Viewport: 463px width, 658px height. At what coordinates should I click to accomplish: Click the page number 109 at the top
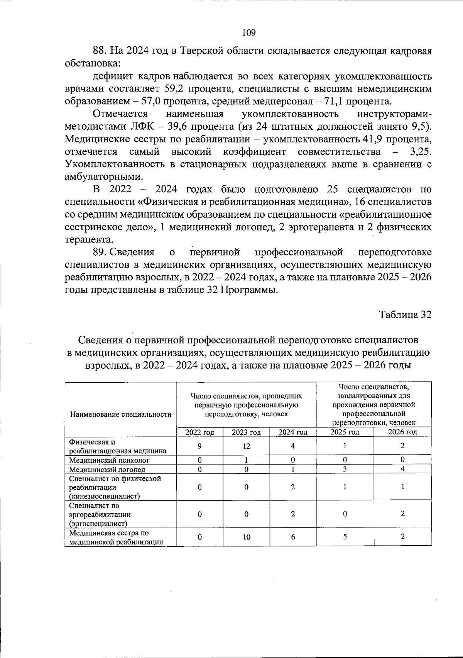click(x=249, y=33)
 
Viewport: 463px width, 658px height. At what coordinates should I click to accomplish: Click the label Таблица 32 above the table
click(x=405, y=315)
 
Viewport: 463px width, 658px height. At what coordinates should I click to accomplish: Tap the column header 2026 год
click(x=402, y=432)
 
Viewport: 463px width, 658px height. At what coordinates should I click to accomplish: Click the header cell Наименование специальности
click(x=120, y=414)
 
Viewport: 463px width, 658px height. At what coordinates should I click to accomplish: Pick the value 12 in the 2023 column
click(x=246, y=446)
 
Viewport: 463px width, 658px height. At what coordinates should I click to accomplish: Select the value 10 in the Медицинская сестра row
click(x=246, y=537)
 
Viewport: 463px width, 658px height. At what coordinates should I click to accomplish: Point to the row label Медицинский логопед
click(x=107, y=470)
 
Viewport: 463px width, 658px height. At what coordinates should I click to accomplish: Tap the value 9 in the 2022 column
click(x=199, y=446)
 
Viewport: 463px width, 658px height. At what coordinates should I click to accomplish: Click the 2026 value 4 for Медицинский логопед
click(x=402, y=469)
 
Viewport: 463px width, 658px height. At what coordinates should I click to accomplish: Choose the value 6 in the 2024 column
click(x=293, y=537)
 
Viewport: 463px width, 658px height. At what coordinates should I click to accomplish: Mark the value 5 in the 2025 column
click(x=345, y=537)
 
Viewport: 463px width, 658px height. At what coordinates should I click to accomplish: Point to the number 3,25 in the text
click(x=421, y=152)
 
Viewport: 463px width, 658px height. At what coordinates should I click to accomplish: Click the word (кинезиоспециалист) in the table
click(x=104, y=496)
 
